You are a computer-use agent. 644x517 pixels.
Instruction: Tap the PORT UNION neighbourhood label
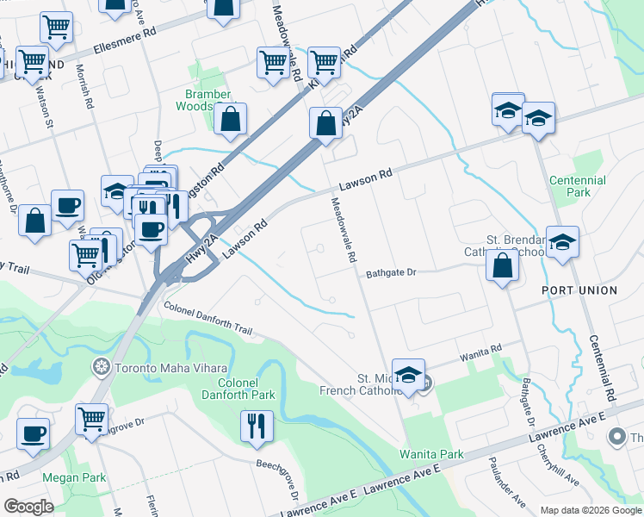click(x=579, y=290)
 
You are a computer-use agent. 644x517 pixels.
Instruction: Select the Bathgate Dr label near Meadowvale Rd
click(x=390, y=272)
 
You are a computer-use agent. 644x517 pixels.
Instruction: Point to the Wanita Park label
click(x=430, y=454)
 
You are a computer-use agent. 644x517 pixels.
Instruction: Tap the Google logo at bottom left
click(x=28, y=507)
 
